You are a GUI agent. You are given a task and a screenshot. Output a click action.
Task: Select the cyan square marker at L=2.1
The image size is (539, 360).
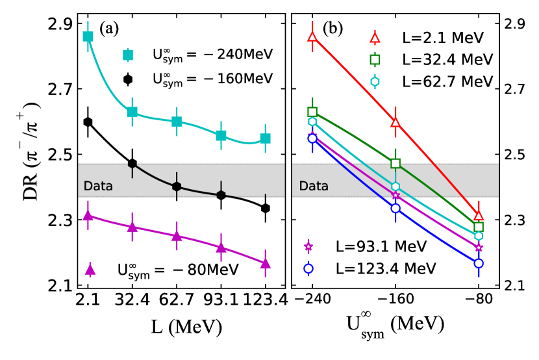[88, 36]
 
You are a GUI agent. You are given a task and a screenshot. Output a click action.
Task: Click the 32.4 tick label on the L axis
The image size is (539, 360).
[132, 302]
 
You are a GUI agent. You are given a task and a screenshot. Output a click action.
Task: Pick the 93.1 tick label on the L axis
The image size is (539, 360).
[221, 302]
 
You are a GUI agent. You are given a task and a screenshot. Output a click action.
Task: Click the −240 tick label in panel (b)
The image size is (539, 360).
[312, 302]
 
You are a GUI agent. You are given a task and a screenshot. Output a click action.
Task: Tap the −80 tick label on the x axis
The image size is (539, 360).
[479, 302]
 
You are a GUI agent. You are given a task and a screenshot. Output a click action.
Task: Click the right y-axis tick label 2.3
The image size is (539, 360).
[512, 220]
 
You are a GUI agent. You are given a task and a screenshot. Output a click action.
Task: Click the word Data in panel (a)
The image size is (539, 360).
[99, 186]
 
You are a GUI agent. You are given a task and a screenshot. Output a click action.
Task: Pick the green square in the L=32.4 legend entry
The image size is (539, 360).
[375, 60]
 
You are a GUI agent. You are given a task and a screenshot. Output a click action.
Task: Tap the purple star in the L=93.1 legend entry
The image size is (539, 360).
[308, 246]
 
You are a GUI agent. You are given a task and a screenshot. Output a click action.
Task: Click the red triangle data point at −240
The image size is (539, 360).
[312, 36]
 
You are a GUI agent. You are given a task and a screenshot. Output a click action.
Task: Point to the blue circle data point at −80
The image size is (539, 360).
[479, 263]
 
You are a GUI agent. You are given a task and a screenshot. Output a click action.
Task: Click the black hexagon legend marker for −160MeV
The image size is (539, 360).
[128, 79]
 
